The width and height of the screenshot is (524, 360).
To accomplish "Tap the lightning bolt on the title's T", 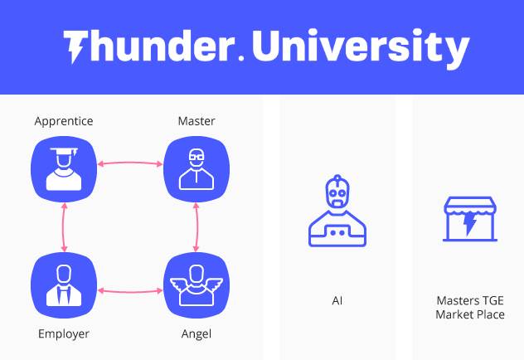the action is point(75,50).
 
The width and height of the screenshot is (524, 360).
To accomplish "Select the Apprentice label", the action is point(64,121).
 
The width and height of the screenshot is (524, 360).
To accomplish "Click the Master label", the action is point(196,121).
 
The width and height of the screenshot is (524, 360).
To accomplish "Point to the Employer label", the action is point(64,334).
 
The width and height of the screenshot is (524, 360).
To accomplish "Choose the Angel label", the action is point(196,334).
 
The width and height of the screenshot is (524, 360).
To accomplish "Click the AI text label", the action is point(337,301).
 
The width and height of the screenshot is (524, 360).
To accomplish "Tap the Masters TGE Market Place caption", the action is point(470,308).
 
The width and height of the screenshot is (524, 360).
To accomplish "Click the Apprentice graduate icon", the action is point(64,169).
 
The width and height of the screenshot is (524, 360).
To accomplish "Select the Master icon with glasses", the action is point(196,169).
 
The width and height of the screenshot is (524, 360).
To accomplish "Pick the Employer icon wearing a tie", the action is point(64,285).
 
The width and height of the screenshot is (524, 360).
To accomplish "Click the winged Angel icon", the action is point(196,285).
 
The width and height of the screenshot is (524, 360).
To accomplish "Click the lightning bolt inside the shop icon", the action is point(470,222).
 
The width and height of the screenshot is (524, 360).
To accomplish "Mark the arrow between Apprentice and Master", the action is point(130,163).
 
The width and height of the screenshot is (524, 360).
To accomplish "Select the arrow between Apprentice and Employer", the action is point(64,227).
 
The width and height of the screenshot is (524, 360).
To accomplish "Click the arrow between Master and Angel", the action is point(196,227).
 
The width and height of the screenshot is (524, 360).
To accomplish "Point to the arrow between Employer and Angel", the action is point(130,291).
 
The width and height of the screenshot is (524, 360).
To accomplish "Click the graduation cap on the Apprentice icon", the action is point(64,152).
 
